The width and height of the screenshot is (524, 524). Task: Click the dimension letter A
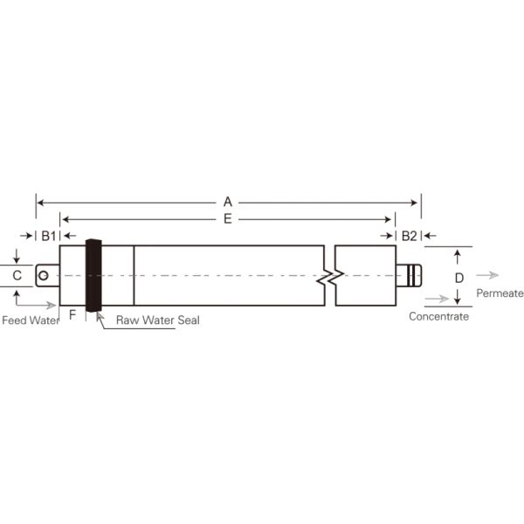coord(228,202)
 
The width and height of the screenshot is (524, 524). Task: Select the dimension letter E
coord(228,218)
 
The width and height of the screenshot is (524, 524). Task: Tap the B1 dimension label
coord(48,236)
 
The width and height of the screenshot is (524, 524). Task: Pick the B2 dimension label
coord(408,236)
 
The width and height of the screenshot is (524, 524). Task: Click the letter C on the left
coord(17,276)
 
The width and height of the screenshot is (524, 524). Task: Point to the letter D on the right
coord(458,277)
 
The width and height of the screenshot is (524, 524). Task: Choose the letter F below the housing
coord(72,313)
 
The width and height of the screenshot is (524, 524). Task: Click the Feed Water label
coord(30,321)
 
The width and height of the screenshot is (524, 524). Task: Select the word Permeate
coord(500,293)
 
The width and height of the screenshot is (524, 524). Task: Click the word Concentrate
coord(438,316)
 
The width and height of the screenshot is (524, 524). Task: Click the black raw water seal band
coord(93,275)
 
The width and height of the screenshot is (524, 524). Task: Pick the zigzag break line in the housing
coord(329,276)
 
